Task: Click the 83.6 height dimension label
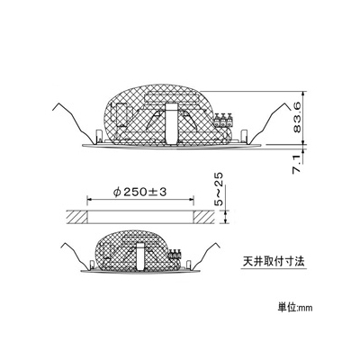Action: tap(297, 117)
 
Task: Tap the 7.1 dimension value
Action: tap(297, 164)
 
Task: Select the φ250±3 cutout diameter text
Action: tap(140, 192)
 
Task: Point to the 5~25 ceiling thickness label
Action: tap(220, 189)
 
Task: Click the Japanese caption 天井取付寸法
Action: tap(274, 261)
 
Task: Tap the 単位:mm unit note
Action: tap(295, 308)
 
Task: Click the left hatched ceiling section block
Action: tap(76, 217)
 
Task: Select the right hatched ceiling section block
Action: tap(204, 217)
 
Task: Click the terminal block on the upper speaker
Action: tap(223, 120)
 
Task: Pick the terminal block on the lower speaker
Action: tap(175, 254)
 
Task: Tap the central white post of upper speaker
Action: tap(172, 123)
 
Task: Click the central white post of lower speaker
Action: tap(140, 256)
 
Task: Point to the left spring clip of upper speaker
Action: tap(74, 123)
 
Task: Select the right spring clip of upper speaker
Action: tap(270, 123)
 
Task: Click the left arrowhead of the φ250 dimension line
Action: tap(89, 200)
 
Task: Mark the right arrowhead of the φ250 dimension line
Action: tap(192, 200)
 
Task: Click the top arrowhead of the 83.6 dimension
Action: tap(304, 93)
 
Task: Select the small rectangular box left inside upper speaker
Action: tap(121, 114)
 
